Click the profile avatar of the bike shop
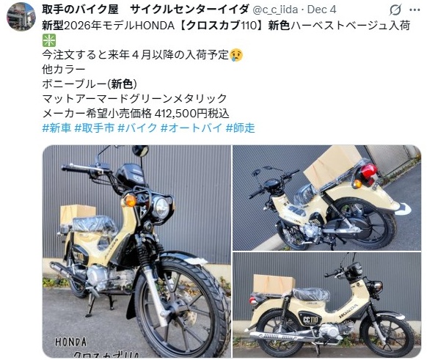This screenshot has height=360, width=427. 21,17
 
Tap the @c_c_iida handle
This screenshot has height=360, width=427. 275,10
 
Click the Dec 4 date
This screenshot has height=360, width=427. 321,10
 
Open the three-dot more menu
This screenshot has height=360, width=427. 415,10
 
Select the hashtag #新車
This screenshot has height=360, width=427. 56,128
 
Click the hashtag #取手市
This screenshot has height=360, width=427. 94,128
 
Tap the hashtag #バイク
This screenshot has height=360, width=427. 137,128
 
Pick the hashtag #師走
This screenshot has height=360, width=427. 241,128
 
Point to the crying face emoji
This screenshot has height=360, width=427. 236,55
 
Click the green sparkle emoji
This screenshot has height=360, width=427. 49,40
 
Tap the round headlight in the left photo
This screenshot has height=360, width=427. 161,208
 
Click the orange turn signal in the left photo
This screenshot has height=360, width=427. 130,201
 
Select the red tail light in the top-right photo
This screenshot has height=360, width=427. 368,172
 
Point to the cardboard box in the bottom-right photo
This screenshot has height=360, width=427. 274,285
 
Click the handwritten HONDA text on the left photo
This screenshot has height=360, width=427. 71,342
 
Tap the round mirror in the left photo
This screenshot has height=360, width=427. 141,150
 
